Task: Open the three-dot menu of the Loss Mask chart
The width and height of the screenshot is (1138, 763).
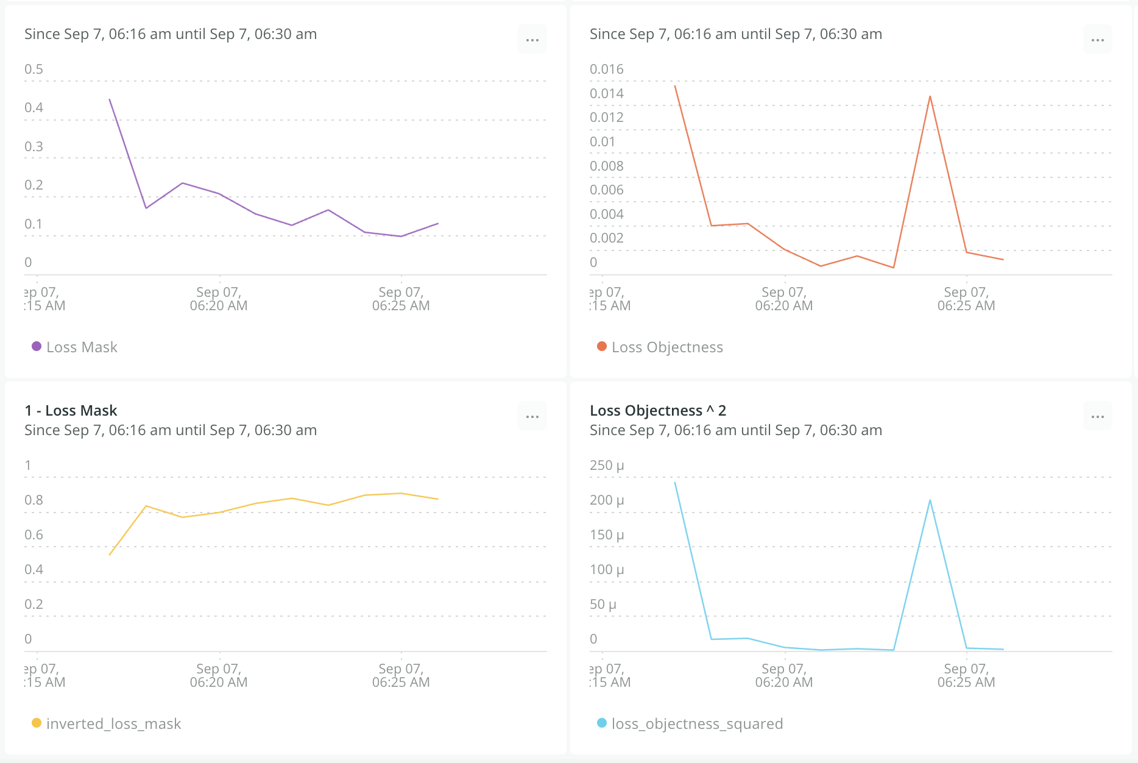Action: pos(532,40)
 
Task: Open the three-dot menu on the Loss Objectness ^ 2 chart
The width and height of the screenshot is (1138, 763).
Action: pos(1098,417)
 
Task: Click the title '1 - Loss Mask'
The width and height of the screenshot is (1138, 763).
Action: pos(71,411)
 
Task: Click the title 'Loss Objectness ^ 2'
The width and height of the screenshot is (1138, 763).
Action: pos(658,411)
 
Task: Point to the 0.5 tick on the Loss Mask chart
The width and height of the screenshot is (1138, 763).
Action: pos(34,69)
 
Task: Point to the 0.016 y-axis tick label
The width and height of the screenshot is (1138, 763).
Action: pos(607,69)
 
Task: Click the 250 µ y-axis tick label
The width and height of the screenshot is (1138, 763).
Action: pos(607,466)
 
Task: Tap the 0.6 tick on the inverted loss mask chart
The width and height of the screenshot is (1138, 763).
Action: pos(34,535)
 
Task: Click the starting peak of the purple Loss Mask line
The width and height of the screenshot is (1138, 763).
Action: pos(110,99)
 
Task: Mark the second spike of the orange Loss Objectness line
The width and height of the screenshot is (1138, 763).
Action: pos(930,96)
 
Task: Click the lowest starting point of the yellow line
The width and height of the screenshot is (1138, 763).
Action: pos(110,555)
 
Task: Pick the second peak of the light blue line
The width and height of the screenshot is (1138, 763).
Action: pos(930,500)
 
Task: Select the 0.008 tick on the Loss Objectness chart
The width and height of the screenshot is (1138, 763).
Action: pos(607,166)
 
